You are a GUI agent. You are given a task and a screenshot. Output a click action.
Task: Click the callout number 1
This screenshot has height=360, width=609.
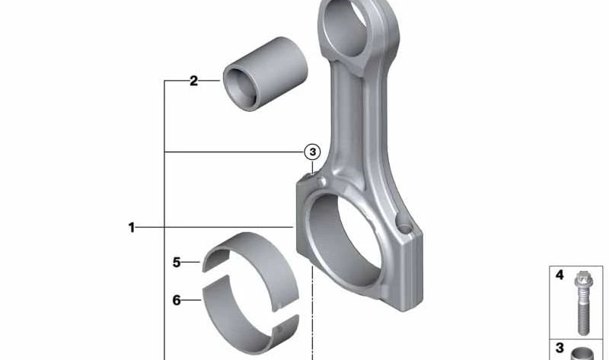[x=131, y=227]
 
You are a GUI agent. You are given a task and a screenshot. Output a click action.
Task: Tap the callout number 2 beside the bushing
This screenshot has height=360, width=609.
[x=193, y=81]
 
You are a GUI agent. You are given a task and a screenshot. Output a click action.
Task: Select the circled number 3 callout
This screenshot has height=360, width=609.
[x=312, y=152]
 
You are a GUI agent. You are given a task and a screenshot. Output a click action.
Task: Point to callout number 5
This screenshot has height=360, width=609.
[x=176, y=263]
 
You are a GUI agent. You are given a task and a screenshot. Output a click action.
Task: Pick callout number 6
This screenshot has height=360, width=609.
[x=176, y=300]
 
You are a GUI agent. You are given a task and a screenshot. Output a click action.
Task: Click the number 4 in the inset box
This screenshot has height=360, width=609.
[x=560, y=276]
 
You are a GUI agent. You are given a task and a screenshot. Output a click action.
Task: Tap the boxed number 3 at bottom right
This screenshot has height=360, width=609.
[x=560, y=349]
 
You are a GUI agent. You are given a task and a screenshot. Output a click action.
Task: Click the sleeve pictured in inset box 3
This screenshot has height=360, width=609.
[x=584, y=352]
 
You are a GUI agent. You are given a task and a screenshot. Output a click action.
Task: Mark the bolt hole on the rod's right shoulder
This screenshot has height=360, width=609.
[x=404, y=227]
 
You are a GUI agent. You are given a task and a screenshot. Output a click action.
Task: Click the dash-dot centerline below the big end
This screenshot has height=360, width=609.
[x=311, y=320]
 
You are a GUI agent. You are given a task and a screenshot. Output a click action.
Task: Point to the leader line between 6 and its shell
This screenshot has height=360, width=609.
[x=193, y=300]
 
